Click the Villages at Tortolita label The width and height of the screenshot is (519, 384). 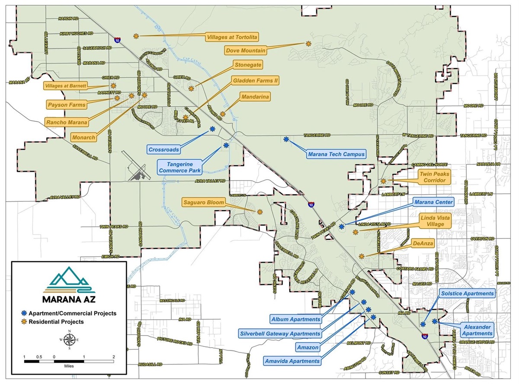pyautogui.click(x=232, y=37)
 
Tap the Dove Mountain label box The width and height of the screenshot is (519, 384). pyautogui.click(x=245, y=51)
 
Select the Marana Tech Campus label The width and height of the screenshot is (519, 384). pyautogui.click(x=336, y=154)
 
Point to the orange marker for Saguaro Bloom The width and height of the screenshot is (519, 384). pyautogui.click(x=259, y=212)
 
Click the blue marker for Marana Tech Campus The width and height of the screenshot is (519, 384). pyautogui.click(x=286, y=139)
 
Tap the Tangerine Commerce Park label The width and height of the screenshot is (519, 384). pyautogui.click(x=181, y=167)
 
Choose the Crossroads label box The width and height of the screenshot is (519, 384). pyautogui.click(x=163, y=149)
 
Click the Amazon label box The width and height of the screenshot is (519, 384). pyautogui.click(x=308, y=347)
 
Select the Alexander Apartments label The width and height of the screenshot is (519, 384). pyautogui.click(x=476, y=330)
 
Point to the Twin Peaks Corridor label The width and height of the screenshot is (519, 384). pyautogui.click(x=435, y=176)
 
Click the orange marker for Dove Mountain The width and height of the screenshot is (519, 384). pyautogui.click(x=308, y=43)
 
